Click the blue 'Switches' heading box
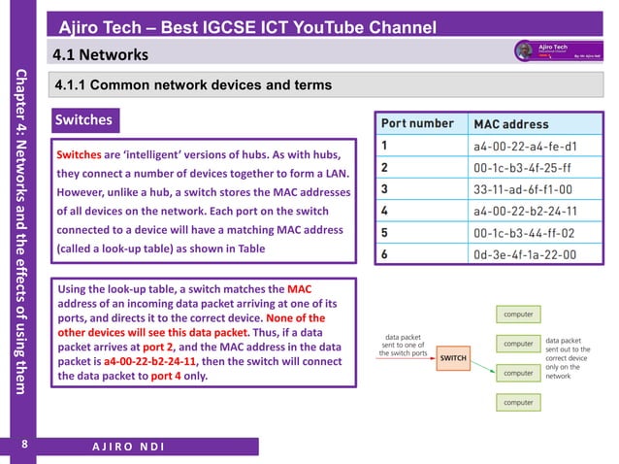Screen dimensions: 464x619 [x=84, y=121]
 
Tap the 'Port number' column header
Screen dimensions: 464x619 [x=417, y=124]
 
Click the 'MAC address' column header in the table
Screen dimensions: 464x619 [x=510, y=124]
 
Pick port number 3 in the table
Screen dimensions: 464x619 [x=385, y=189]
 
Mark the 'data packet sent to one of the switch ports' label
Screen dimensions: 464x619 [x=404, y=345]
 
